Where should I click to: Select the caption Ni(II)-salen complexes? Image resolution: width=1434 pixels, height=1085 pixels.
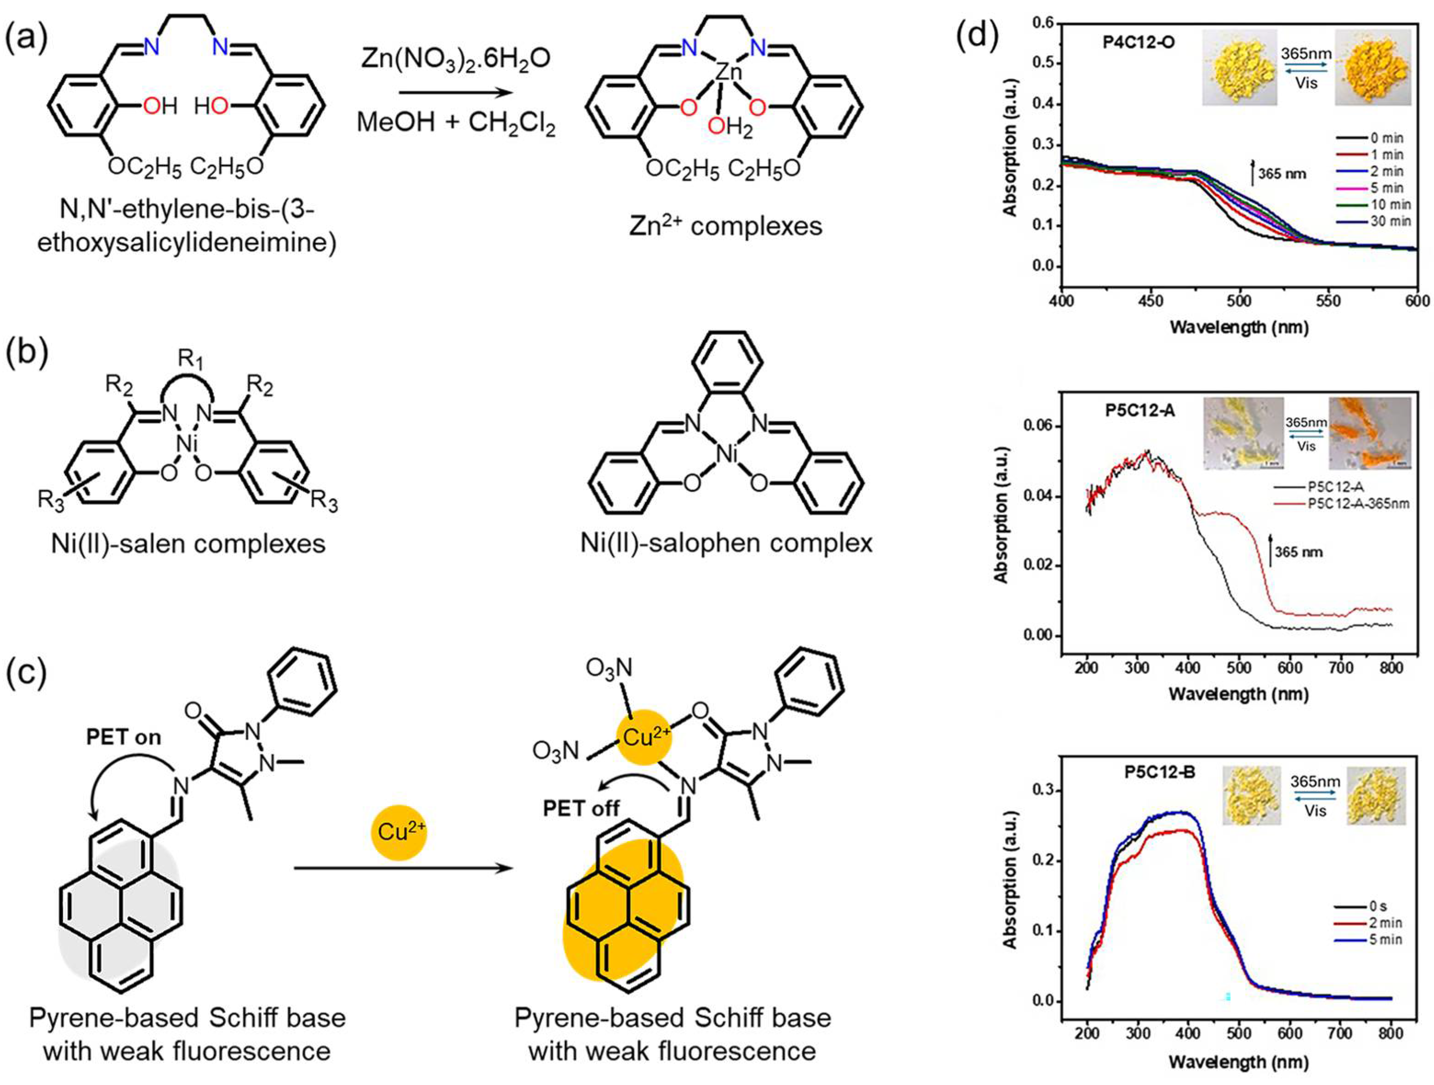(x=188, y=543)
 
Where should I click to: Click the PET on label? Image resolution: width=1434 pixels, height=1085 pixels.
(x=124, y=737)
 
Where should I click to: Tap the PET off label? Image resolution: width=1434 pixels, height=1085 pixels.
(x=581, y=808)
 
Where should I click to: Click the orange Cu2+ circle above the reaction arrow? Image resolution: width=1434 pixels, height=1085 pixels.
(x=400, y=832)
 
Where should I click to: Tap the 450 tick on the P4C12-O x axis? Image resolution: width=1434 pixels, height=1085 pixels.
(x=1151, y=301)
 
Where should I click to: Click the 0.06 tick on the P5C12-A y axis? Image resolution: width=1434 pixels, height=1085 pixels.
(x=1037, y=426)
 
